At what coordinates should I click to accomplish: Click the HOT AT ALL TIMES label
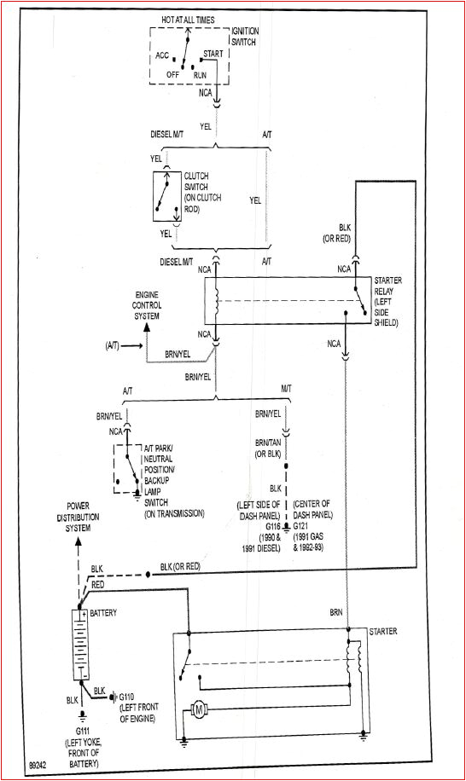pyautogui.click(x=188, y=19)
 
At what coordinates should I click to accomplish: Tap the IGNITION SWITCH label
pyautogui.click(x=245, y=36)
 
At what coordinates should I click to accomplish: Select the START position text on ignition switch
pyautogui.click(x=213, y=54)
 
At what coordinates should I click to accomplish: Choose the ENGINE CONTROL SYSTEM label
pyautogui.click(x=146, y=304)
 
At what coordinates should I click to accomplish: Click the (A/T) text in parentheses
pyautogui.click(x=113, y=344)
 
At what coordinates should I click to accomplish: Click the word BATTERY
pyautogui.click(x=103, y=613)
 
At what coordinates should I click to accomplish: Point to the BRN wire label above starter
pyautogui.click(x=337, y=612)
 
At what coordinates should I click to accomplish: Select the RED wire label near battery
pyautogui.click(x=98, y=584)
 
